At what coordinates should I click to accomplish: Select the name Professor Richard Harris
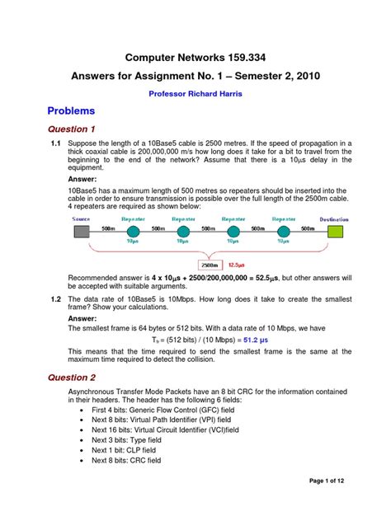click(x=195, y=94)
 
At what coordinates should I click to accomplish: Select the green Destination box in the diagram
click(x=335, y=232)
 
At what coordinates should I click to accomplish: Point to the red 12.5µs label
click(x=237, y=265)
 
